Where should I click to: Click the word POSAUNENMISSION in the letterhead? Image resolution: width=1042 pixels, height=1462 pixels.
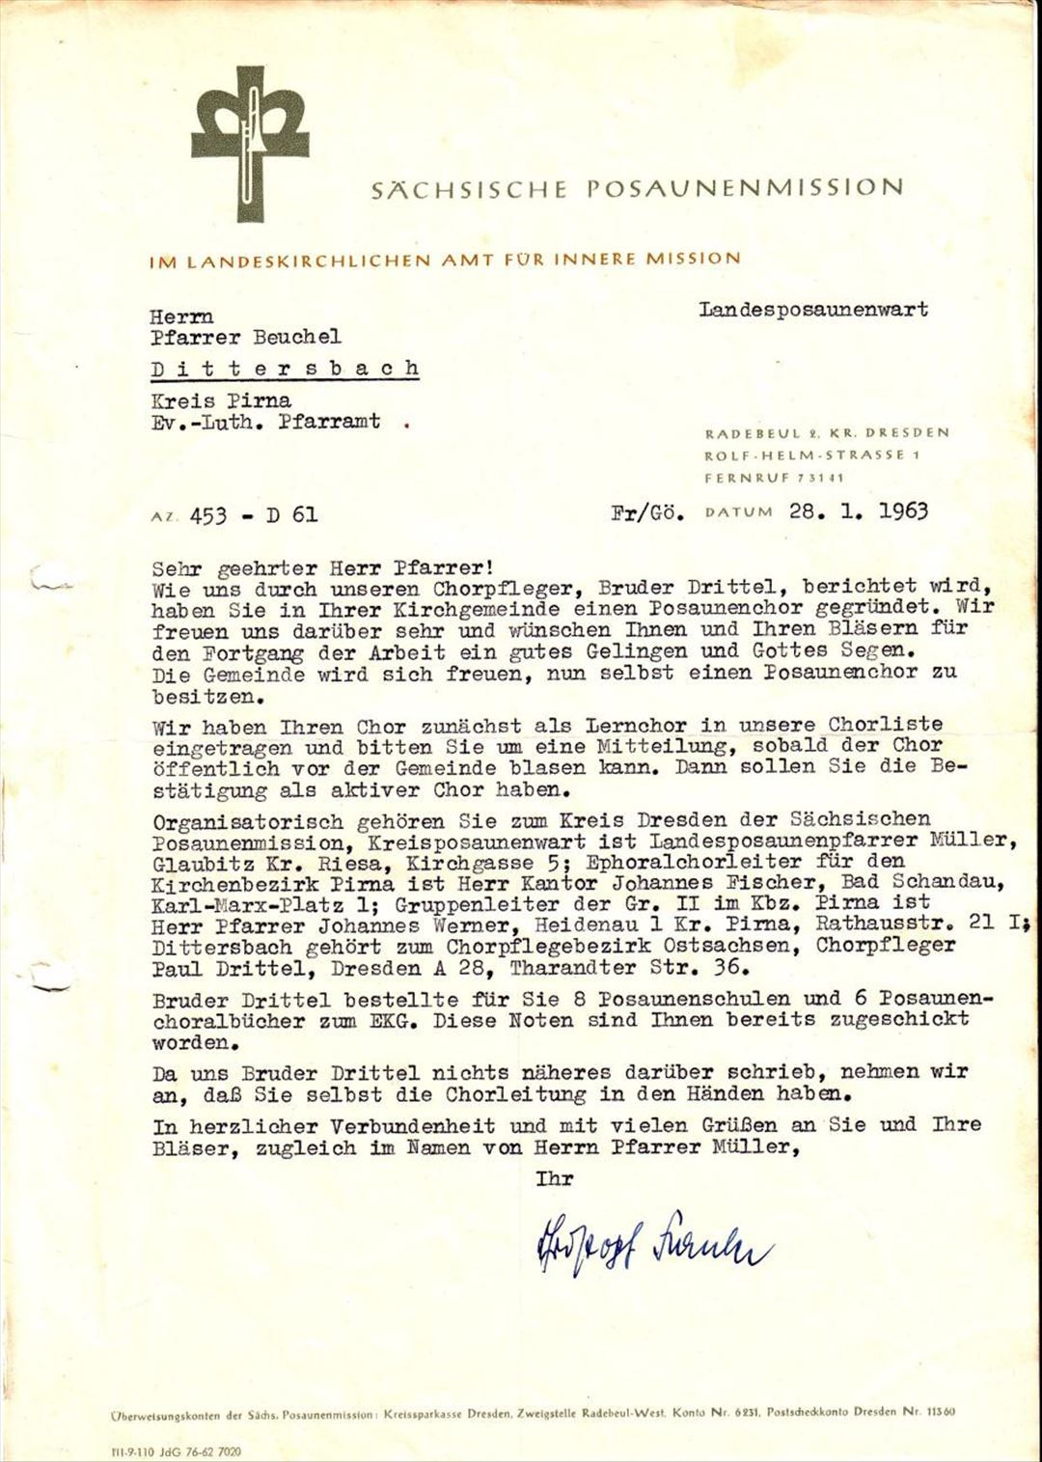tap(745, 187)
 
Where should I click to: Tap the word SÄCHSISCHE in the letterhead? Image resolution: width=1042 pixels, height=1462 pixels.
tap(469, 189)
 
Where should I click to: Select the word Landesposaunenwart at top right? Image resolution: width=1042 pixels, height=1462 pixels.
tap(813, 310)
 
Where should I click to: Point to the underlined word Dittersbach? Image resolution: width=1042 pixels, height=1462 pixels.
tap(285, 369)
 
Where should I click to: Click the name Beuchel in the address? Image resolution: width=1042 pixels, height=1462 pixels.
tap(296, 337)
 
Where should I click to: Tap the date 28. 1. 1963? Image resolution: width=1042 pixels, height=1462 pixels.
tap(858, 511)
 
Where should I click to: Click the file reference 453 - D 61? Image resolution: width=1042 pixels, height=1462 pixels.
tap(253, 515)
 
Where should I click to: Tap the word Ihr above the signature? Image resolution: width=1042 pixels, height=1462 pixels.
tap(554, 1178)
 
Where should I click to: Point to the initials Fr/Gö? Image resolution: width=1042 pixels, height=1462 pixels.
tap(647, 513)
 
